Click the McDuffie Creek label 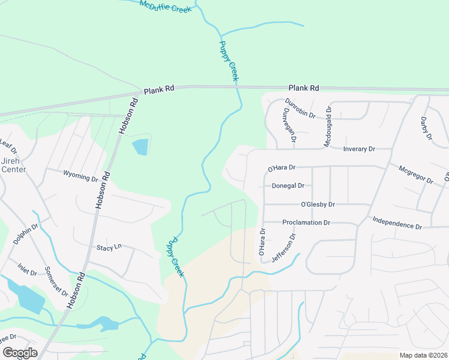click(165, 7)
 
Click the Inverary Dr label click(359, 149)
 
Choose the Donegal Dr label click(288, 186)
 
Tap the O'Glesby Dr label click(318, 204)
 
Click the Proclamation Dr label click(306, 223)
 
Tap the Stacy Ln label click(109, 247)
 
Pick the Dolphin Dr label click(26, 234)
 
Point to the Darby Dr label click(427, 128)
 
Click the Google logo click(20, 353)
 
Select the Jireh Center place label click(13, 166)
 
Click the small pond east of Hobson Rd click(140, 146)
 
